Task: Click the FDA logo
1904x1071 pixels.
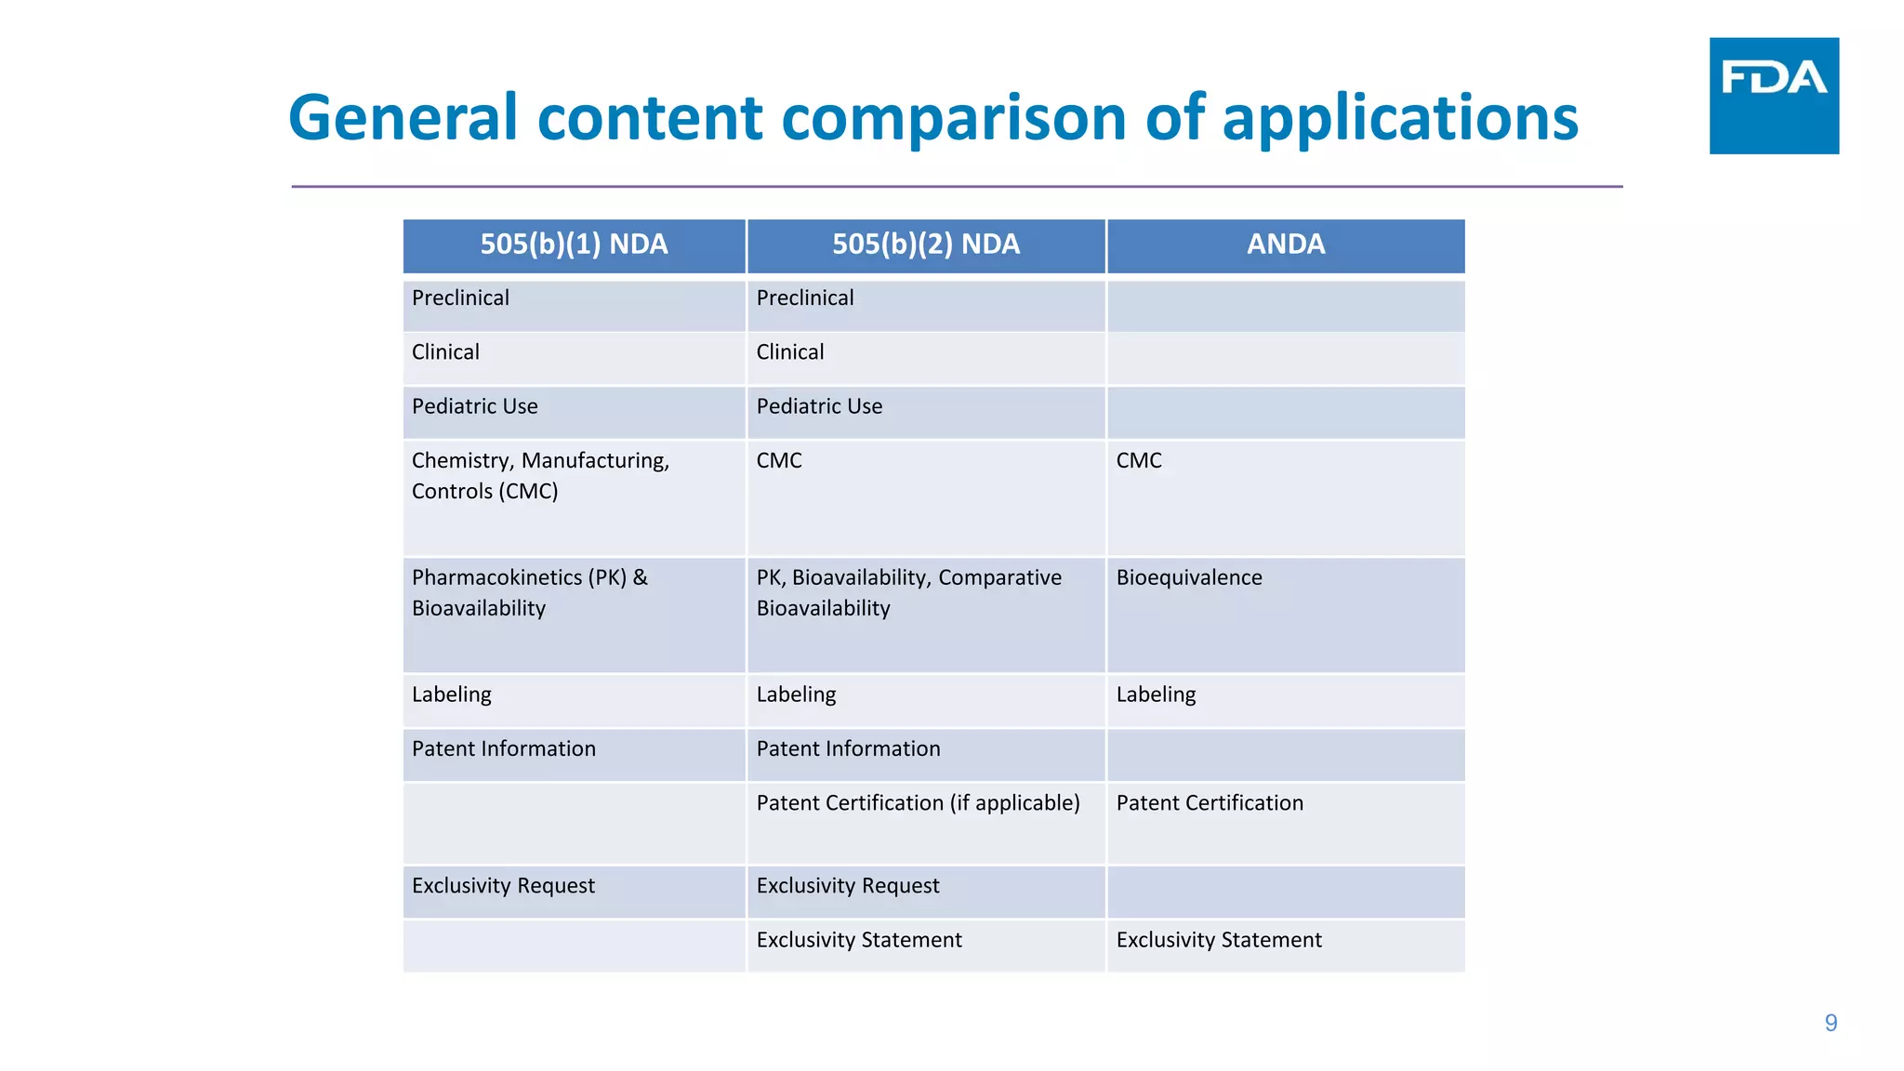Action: point(1773,95)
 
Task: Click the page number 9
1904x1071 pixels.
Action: point(1830,1023)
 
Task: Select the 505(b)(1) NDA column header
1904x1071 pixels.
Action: point(574,245)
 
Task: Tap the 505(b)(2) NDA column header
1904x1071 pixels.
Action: point(925,245)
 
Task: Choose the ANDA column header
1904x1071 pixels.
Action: point(1285,245)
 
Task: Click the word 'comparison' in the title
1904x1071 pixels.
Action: point(953,118)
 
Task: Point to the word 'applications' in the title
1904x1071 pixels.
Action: point(1399,118)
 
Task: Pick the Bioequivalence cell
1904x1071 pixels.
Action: point(1188,577)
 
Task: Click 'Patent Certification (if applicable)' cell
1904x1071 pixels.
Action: point(918,802)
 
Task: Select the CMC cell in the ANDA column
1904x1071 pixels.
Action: point(1139,460)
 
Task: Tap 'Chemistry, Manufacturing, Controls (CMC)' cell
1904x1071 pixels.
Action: point(540,475)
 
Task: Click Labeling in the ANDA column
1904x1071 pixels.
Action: point(1156,694)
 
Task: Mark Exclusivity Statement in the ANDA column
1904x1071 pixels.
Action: point(1218,940)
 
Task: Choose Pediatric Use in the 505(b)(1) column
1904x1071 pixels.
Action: point(474,406)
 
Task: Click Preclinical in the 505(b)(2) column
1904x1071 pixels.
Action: point(804,297)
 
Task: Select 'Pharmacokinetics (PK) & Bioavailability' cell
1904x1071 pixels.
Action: point(529,592)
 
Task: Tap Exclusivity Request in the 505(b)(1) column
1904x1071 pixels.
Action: point(503,885)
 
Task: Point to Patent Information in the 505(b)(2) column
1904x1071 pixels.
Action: point(848,748)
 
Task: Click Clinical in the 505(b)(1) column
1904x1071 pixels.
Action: point(445,352)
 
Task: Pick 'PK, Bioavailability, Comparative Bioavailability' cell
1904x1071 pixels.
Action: point(908,592)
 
